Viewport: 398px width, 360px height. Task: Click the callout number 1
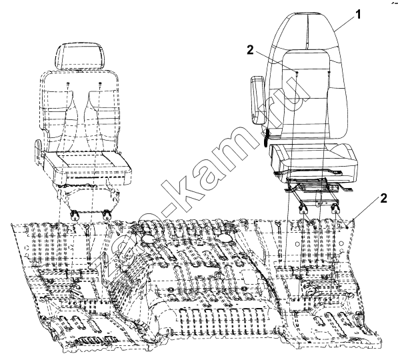tap(358, 15)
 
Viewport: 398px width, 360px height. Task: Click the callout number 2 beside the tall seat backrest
tap(250, 50)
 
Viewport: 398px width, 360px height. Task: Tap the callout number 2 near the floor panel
tap(383, 198)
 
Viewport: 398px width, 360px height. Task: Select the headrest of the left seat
tap(80, 56)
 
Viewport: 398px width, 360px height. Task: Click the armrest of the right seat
tap(258, 100)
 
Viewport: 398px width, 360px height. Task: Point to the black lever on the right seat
tap(267, 138)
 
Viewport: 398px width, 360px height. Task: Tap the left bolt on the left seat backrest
tap(68, 84)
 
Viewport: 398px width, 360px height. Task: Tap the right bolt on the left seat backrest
tap(100, 84)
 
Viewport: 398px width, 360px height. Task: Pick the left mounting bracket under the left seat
tap(75, 215)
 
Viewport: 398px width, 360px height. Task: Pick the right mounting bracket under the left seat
tap(107, 214)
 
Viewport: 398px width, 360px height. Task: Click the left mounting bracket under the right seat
tap(303, 209)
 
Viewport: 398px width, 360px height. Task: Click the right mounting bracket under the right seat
tap(335, 209)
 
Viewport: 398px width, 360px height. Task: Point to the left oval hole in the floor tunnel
tap(148, 238)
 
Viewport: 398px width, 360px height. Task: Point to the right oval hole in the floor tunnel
tap(224, 238)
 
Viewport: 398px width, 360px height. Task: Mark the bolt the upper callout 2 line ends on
tap(297, 73)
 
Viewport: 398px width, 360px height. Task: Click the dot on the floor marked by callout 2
tap(347, 228)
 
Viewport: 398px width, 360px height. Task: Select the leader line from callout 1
tap(345, 23)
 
